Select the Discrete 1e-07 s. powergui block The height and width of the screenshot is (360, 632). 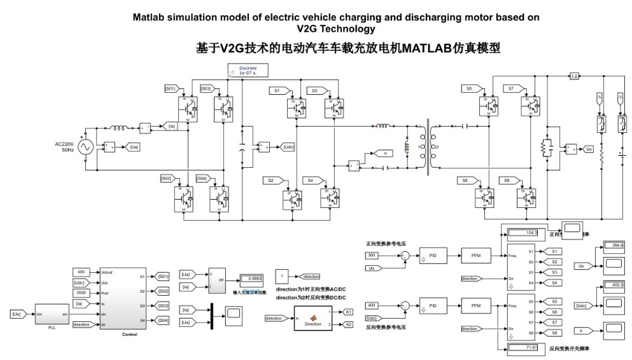tap(248, 70)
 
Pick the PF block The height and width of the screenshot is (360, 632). tap(217, 279)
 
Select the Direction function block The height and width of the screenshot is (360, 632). tap(313, 318)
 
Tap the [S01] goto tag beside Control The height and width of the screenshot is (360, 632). tap(164, 277)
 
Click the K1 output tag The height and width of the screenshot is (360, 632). tap(349, 312)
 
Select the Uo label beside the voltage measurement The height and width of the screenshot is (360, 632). tap(589, 149)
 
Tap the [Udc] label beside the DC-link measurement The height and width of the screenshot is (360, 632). tap(289, 147)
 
